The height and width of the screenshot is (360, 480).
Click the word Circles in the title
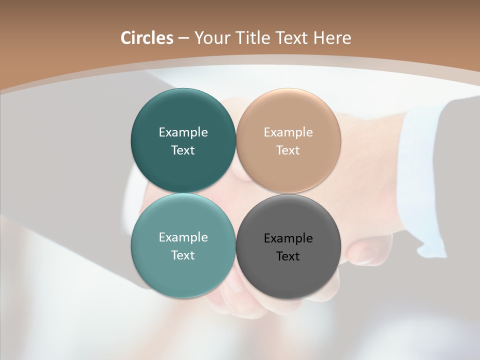click(147, 38)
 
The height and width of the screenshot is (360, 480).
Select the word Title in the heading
click(254, 38)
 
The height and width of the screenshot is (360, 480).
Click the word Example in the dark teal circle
click(183, 132)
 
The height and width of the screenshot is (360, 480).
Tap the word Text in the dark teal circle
click(183, 150)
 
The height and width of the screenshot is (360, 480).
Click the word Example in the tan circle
click(288, 132)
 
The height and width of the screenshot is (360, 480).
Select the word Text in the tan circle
click(288, 150)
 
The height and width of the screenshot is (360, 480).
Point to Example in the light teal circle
click(183, 237)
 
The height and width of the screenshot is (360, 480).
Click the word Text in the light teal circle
click(183, 255)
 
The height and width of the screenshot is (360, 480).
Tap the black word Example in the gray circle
click(288, 238)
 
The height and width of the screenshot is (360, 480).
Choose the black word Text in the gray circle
click(288, 256)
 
